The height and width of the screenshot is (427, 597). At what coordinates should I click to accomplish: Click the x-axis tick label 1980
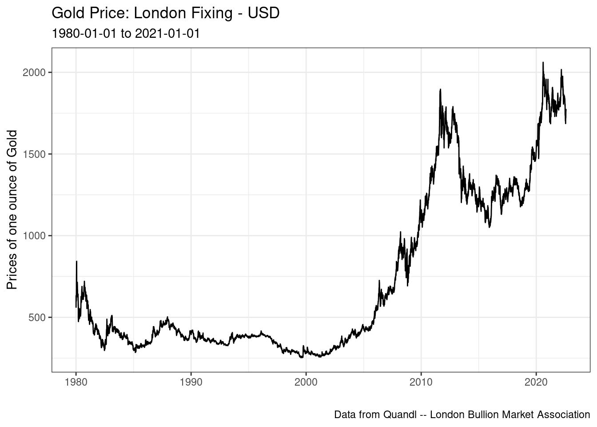pyautogui.click(x=76, y=383)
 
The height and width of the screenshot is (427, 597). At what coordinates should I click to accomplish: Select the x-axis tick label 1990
pyautogui.click(x=191, y=383)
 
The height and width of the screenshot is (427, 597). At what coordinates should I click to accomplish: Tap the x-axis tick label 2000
pyautogui.click(x=306, y=383)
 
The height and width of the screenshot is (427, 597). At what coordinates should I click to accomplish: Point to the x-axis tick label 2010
pyautogui.click(x=421, y=383)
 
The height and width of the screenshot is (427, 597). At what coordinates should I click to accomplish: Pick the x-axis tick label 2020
pyautogui.click(x=536, y=383)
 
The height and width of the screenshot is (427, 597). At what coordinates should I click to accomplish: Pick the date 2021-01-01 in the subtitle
pyautogui.click(x=167, y=33)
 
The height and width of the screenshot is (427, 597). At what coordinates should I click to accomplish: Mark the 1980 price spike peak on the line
pyautogui.click(x=76, y=262)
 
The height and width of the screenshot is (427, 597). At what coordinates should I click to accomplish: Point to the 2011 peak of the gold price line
pyautogui.click(x=440, y=89)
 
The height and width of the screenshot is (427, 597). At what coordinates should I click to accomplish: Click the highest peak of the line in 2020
pyautogui.click(x=543, y=63)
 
